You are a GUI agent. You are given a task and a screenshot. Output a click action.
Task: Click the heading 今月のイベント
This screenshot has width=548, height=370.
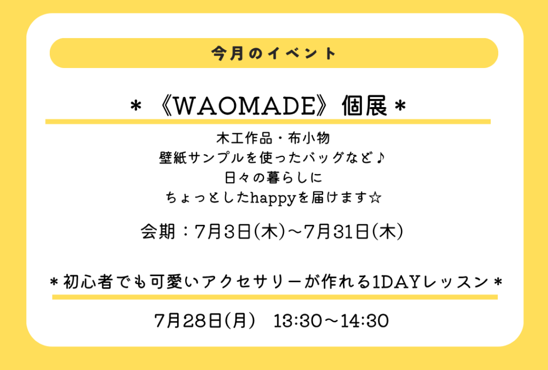point(273,54)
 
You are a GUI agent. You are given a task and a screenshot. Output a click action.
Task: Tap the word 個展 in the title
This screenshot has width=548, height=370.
point(364,105)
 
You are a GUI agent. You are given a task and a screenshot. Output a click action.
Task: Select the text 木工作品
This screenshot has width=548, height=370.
point(244,138)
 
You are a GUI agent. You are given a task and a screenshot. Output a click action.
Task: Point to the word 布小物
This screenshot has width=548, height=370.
point(309,138)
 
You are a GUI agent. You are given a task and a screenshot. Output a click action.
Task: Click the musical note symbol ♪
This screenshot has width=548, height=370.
point(380,158)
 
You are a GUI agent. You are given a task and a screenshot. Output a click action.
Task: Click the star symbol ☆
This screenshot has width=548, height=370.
point(375,198)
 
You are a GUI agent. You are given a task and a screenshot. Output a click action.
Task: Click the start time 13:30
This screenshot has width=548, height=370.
point(298,321)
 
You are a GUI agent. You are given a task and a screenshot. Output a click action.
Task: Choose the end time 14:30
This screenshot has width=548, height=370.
point(364,321)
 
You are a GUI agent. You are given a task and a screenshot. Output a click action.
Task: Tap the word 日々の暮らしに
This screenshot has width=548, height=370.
point(273,178)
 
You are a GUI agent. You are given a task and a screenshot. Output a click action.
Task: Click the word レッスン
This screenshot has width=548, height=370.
point(455,282)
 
